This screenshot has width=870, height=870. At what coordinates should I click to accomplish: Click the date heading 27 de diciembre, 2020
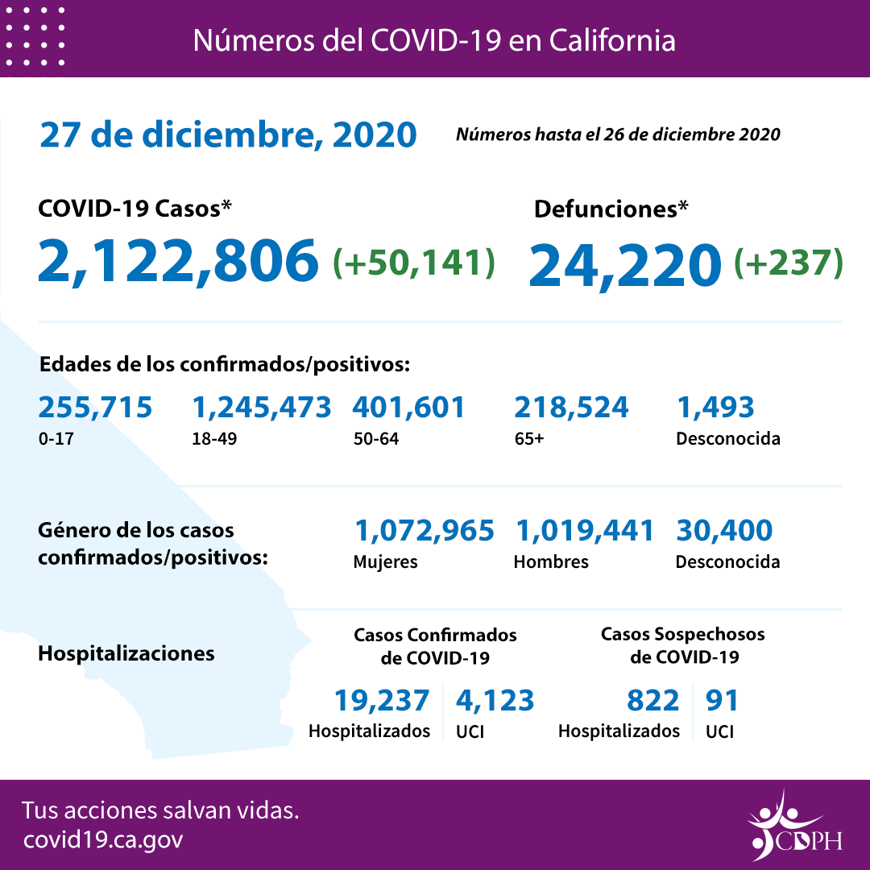coord(228,135)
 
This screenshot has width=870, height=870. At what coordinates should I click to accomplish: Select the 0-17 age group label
coord(55,440)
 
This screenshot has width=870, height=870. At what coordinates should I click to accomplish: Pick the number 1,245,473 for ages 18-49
coord(261,408)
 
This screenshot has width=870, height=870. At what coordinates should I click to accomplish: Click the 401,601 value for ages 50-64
coord(408,408)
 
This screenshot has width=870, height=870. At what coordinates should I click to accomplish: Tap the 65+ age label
coord(528,440)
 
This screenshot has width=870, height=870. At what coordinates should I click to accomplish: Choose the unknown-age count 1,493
coord(715,408)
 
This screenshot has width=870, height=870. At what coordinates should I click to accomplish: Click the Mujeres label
coord(385,562)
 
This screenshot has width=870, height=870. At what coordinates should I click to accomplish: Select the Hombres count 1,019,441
coord(584,530)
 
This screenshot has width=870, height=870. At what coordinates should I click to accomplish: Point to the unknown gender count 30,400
coord(724,530)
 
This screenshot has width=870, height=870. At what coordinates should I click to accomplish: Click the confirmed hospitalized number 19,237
coord(382,700)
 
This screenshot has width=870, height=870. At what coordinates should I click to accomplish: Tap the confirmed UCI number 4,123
coord(495,700)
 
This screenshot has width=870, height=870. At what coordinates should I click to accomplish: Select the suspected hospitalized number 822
coord(652,700)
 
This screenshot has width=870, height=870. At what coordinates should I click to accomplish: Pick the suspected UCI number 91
coord(722,700)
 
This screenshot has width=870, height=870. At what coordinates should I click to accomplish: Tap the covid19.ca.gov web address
coord(103,839)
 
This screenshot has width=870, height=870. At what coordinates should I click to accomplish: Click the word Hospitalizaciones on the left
coord(126,652)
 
